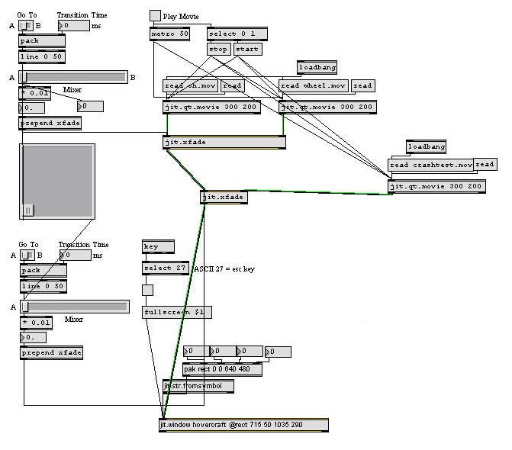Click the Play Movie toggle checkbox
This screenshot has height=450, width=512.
(155, 15)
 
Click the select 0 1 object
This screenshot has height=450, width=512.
(237, 34)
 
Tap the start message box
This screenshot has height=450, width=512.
(247, 50)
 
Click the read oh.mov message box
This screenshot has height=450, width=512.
(191, 85)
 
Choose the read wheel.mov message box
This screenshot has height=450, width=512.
(313, 85)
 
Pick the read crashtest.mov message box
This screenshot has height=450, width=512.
(430, 165)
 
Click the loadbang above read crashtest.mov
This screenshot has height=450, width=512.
(426, 146)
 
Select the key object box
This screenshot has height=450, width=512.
(158, 247)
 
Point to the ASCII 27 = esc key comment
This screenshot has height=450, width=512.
(224, 268)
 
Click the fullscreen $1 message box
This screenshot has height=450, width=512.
(177, 312)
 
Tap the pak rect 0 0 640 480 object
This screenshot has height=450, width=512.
(222, 369)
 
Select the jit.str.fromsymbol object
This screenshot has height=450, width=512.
(198, 386)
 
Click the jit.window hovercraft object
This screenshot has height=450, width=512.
(243, 425)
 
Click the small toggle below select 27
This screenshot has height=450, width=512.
(147, 290)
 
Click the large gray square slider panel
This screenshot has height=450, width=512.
(56, 181)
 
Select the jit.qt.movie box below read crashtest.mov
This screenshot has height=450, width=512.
(436, 186)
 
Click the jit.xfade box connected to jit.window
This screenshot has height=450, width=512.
(224, 198)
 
